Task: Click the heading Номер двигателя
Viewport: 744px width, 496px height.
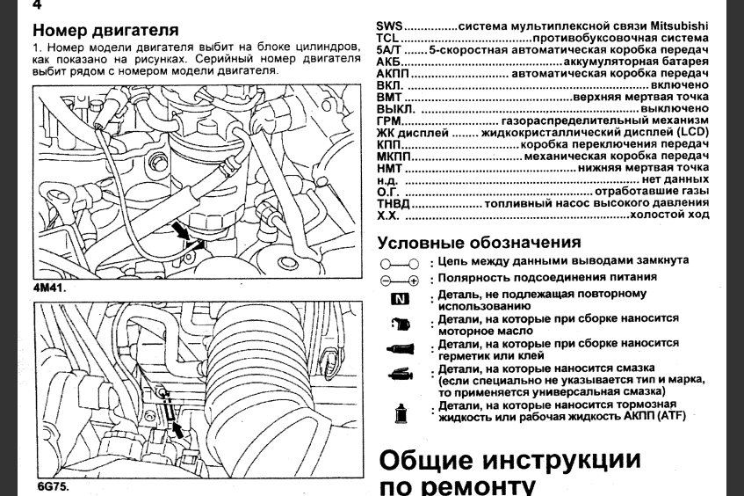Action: pyautogui.click(x=105, y=30)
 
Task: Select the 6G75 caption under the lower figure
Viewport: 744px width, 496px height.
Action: pyautogui.click(x=52, y=485)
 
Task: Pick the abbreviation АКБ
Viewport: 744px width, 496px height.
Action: pyautogui.click(x=389, y=63)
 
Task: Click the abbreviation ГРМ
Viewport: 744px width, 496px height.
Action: pyautogui.click(x=389, y=120)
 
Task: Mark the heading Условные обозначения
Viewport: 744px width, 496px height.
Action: pyautogui.click(x=479, y=243)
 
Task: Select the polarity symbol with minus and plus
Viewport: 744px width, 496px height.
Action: pyautogui.click(x=400, y=279)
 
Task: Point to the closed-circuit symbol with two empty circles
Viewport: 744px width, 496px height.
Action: pyautogui.click(x=400, y=263)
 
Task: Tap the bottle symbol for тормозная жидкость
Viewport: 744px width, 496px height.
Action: pyautogui.click(x=401, y=412)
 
